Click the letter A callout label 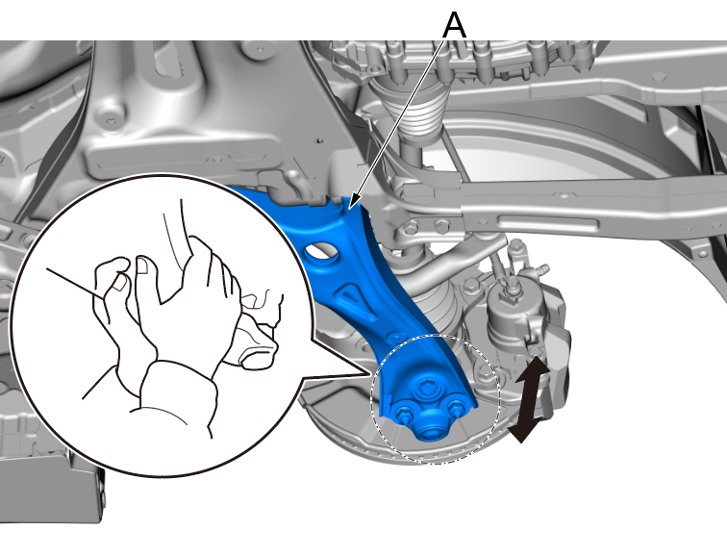[454, 26]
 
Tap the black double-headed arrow [530, 399]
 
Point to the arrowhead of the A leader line [351, 205]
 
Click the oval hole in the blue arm [320, 252]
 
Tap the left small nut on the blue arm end [403, 413]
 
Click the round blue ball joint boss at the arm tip [428, 430]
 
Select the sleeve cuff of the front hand [179, 394]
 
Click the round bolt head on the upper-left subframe [110, 118]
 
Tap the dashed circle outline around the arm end [436, 335]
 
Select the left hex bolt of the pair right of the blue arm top [410, 228]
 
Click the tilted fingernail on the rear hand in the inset [120, 282]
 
